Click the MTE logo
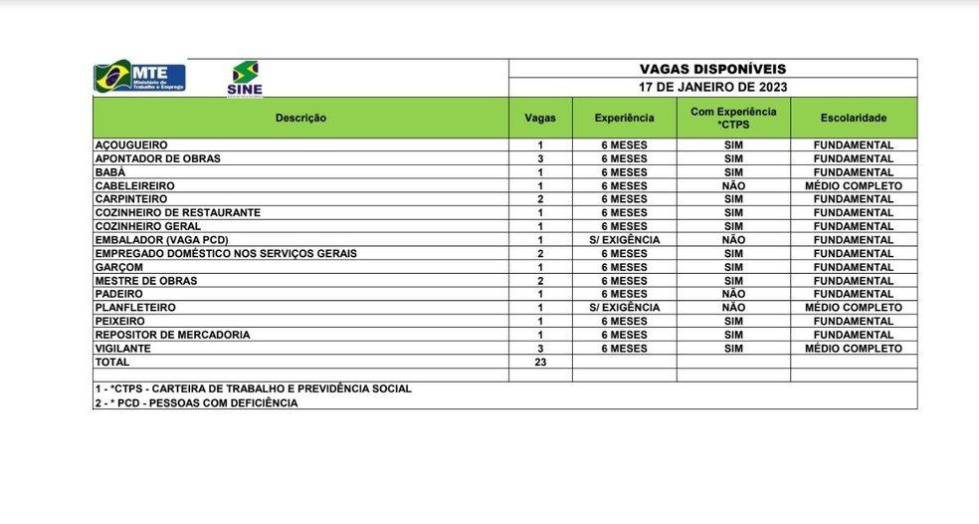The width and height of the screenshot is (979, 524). point(139,77)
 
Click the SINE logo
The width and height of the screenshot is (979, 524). point(245,79)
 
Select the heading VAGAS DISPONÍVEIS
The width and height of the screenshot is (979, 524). point(712,69)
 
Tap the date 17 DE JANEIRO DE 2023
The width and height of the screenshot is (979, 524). point(712,87)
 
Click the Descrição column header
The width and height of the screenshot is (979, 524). point(300,118)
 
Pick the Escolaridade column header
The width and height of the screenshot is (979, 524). point(853,118)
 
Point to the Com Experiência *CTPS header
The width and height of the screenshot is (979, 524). point(733,118)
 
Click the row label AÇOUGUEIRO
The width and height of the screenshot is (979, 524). point(131,145)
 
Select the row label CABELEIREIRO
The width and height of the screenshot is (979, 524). point(134,185)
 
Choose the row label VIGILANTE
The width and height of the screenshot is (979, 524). point(123,349)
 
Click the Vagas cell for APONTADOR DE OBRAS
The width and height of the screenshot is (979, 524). point(539,158)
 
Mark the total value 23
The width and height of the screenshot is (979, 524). point(539,363)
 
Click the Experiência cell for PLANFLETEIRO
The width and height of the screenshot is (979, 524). point(624,308)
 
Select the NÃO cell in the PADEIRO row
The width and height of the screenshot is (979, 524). point(733,294)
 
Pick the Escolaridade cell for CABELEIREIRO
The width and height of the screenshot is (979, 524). point(853,185)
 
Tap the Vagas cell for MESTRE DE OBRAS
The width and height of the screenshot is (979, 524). point(539,281)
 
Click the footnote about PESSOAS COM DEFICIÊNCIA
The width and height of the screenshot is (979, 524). point(196,402)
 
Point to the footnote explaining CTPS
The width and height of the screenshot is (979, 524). point(253,389)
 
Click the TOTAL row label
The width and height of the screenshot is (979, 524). point(112,363)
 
